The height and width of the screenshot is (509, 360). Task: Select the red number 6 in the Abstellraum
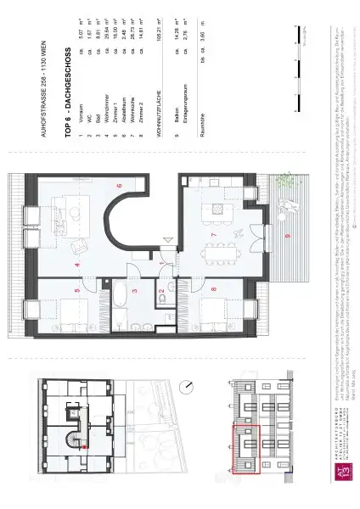point(119,186)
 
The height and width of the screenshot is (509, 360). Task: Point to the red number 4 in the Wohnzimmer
point(77,266)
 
